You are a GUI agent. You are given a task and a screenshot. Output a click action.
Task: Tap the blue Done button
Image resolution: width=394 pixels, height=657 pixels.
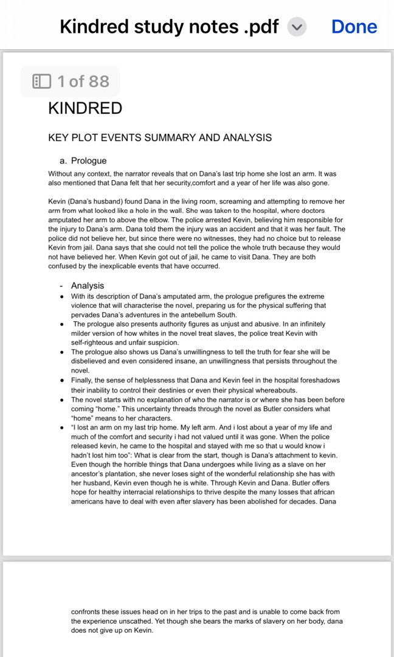(354, 27)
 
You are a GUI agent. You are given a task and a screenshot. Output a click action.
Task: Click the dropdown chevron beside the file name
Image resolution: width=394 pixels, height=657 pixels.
(297, 27)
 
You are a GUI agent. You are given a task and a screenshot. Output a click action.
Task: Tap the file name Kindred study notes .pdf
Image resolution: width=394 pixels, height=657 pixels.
(169, 27)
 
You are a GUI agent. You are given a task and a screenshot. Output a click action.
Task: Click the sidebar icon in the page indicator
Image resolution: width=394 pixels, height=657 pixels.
(41, 81)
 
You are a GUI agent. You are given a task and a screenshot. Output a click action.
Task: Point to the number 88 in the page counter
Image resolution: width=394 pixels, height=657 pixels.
(98, 81)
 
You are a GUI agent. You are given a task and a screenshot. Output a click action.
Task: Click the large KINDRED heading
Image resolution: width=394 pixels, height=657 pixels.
(85, 108)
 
